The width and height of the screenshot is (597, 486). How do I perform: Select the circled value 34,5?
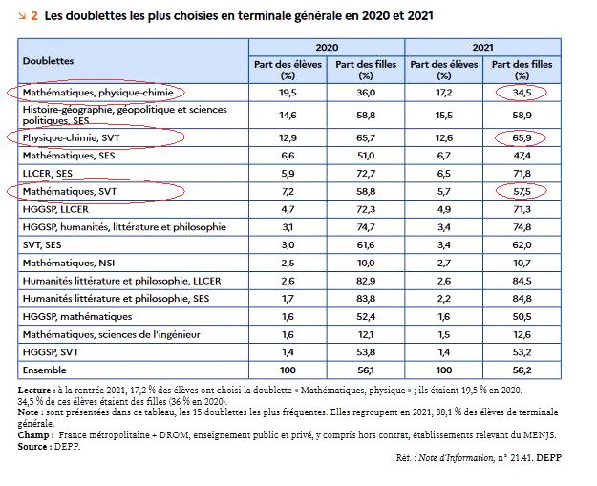(x=522, y=93)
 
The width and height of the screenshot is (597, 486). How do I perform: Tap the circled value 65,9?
(x=522, y=137)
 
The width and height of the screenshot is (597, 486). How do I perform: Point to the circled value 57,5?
(x=522, y=191)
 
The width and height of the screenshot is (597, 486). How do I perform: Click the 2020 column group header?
(x=327, y=45)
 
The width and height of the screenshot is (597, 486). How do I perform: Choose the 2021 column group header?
(x=483, y=45)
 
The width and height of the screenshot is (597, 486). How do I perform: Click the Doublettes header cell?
(x=48, y=60)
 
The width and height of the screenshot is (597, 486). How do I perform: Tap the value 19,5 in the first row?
(x=288, y=93)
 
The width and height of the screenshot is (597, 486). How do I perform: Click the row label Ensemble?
(x=46, y=370)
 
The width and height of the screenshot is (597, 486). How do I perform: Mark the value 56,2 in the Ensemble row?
(x=522, y=370)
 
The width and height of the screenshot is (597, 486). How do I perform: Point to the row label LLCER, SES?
(x=48, y=173)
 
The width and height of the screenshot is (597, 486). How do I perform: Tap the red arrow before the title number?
(x=22, y=15)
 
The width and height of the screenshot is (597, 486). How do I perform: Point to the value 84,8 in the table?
(x=522, y=298)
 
